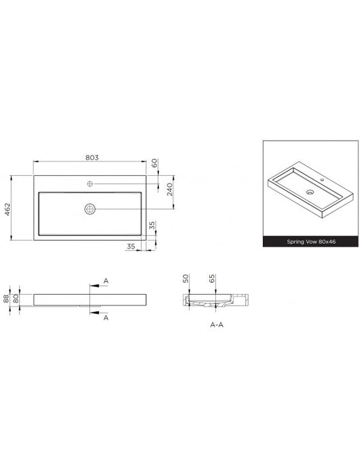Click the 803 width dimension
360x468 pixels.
tap(92, 158)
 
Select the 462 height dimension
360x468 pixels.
tap(7, 209)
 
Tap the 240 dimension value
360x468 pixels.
tap(170, 190)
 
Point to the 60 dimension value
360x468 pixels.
tap(154, 163)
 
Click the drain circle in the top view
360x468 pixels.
tap(90, 209)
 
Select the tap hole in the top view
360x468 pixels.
tap(90, 184)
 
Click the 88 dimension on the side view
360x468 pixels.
tap(6, 298)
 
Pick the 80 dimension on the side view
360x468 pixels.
tap(16, 298)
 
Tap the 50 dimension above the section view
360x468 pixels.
tap(185, 278)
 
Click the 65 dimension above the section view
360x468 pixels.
tap(212, 278)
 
